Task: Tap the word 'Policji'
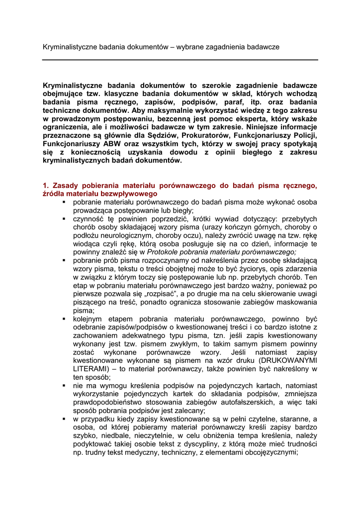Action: [304, 135]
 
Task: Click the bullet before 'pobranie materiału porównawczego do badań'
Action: [65, 202]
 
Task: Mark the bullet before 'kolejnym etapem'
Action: [65, 318]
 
